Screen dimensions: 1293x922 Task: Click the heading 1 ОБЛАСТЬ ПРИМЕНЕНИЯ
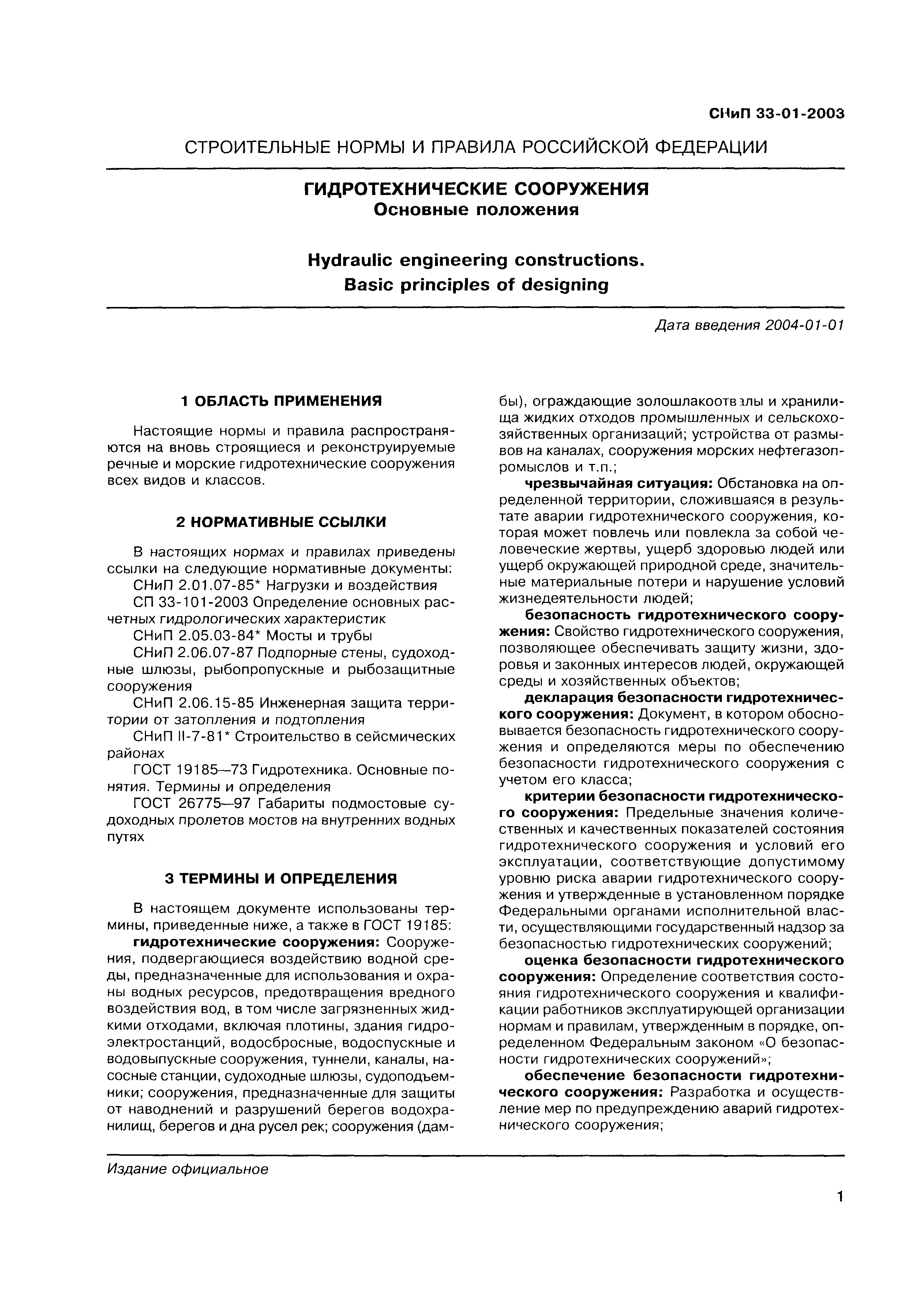click(x=281, y=401)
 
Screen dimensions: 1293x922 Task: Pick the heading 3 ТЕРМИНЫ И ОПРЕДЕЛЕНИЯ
click(x=281, y=879)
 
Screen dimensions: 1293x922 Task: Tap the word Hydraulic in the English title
click(x=348, y=260)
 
